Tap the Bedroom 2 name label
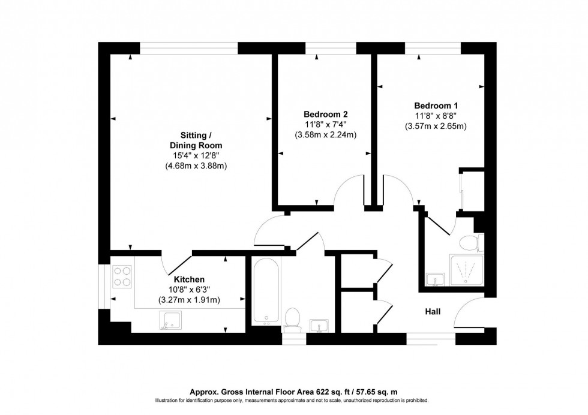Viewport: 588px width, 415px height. click(325, 114)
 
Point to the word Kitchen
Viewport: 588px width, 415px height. click(189, 279)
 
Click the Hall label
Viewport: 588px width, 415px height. click(433, 312)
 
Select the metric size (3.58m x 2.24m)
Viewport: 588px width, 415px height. click(325, 135)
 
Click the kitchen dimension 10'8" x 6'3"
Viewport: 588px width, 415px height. click(189, 290)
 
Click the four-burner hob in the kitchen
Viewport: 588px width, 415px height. click(122, 276)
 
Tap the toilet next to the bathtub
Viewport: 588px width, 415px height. click(293, 319)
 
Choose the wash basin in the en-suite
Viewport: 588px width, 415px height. click(434, 279)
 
